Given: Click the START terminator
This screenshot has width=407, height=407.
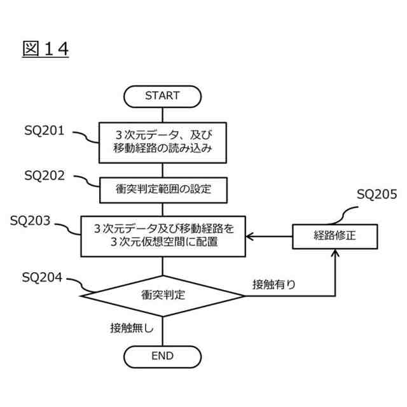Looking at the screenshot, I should [x=162, y=96].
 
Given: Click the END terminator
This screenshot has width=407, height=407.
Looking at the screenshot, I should [x=162, y=356].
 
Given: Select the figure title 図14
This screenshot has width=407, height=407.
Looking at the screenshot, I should [x=45, y=49].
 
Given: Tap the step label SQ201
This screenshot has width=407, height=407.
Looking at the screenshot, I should [x=45, y=131].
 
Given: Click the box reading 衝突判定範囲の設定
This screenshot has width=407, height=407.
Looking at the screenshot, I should [x=163, y=188].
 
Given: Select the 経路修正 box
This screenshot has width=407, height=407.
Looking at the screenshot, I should [x=335, y=236].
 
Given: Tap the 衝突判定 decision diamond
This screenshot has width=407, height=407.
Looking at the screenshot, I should [x=163, y=295].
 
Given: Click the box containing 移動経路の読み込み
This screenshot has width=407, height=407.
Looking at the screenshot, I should [x=163, y=141].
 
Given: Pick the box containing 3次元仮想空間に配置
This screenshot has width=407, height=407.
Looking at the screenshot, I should [x=163, y=236].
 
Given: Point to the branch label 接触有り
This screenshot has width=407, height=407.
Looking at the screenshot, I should [x=273, y=284].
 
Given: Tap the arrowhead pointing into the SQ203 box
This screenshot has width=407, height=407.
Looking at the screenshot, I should [x=250, y=236].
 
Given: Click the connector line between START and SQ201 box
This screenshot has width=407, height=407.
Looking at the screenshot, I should [x=163, y=114].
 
